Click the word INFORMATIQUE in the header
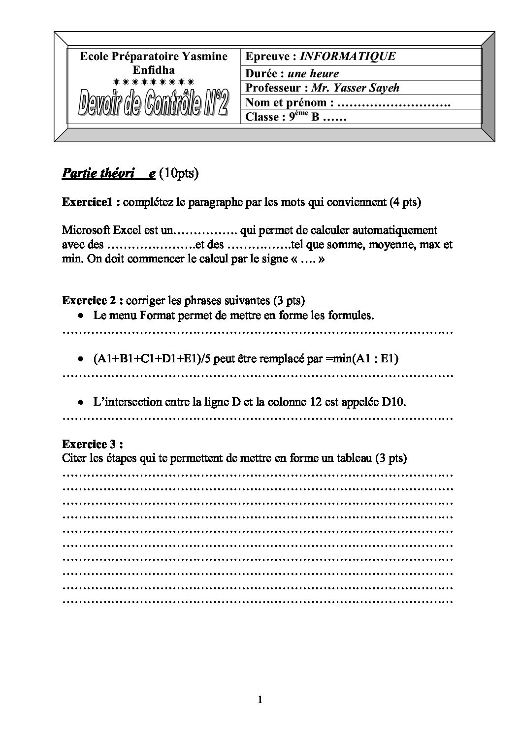pos(347,56)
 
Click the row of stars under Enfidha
pos(154,81)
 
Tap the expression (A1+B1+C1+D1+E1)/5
pos(143,358)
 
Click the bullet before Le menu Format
pos(82,316)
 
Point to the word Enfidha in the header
pos(154,70)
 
